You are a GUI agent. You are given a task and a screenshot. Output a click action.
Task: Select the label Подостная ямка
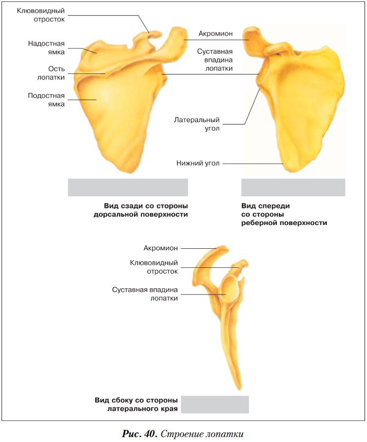click(x=46, y=99)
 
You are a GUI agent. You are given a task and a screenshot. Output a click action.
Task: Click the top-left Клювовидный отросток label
click(x=41, y=15)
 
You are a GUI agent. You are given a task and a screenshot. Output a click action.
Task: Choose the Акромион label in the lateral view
click(x=161, y=248)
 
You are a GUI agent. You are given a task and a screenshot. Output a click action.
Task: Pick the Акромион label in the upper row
click(x=215, y=34)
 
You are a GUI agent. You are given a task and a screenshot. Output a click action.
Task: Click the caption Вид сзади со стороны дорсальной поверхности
click(x=141, y=210)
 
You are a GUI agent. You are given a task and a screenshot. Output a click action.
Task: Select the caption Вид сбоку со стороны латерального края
click(x=136, y=405)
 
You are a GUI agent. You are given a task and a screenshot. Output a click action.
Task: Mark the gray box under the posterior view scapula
click(x=128, y=187)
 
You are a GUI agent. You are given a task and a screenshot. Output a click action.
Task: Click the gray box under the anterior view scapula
click(x=293, y=187)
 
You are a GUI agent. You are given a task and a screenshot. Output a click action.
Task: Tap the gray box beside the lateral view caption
click(x=214, y=405)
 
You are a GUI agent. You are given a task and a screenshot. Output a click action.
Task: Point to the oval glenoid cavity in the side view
click(x=232, y=290)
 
